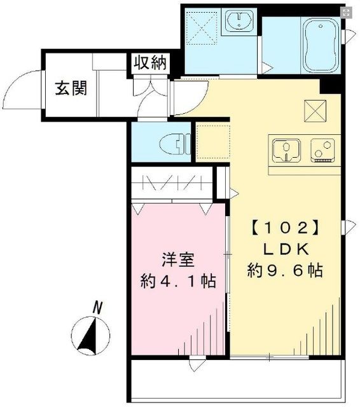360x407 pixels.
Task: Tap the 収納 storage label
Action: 150,62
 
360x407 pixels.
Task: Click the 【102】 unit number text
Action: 283,226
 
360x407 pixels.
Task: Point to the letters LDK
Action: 284,248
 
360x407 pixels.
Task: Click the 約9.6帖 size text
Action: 284,270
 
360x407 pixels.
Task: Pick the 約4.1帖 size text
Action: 177,281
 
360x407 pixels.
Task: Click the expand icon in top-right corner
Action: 347,12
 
